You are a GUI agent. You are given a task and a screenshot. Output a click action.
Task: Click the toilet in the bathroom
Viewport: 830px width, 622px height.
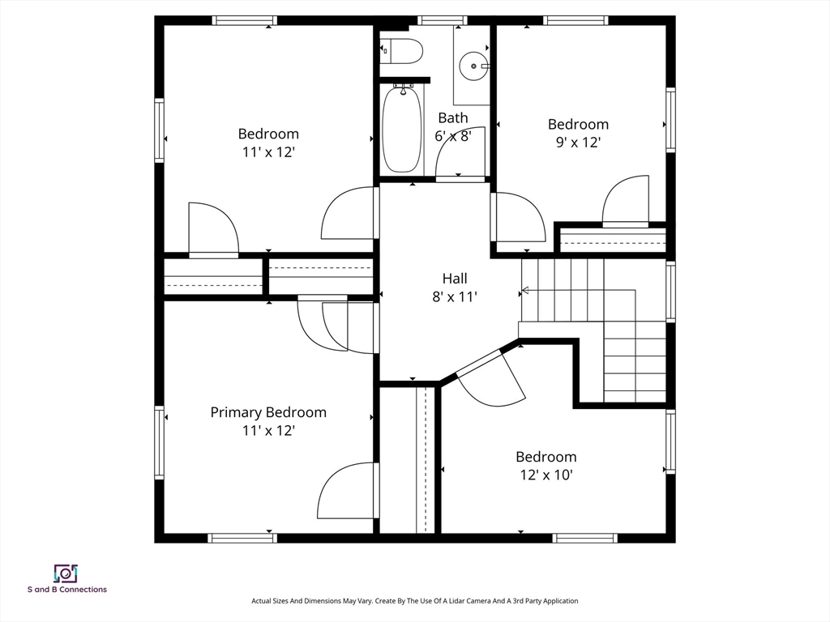point(402,51)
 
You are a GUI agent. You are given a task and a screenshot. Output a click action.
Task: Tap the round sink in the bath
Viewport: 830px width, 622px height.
point(473,66)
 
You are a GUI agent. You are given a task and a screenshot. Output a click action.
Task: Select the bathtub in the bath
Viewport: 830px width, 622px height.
point(402,129)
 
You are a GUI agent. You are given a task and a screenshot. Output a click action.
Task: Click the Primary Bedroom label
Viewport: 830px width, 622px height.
point(268,412)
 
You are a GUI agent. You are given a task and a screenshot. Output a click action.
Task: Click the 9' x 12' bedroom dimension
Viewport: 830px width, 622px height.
point(578,143)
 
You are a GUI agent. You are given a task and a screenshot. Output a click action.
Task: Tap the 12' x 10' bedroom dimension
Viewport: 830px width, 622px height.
point(546,475)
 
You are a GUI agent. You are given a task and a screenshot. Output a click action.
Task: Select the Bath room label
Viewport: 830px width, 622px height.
point(453,117)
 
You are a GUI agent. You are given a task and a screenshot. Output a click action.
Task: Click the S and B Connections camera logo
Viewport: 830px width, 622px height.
point(66,573)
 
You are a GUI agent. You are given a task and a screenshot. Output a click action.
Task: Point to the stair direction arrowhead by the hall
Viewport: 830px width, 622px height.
point(525,290)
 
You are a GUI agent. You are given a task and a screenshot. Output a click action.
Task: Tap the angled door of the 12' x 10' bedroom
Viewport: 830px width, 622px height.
point(490,378)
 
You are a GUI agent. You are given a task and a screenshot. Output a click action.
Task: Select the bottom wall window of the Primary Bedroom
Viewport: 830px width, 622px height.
point(242,539)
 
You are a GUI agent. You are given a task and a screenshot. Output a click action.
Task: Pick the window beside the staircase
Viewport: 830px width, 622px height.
point(670,292)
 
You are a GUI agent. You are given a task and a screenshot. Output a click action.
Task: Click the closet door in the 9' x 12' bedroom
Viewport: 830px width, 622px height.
point(626,202)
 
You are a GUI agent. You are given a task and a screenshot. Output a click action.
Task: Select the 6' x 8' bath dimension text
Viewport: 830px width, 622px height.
point(453,136)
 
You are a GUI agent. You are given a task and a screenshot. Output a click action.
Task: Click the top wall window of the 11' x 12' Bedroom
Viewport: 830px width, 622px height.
point(245,20)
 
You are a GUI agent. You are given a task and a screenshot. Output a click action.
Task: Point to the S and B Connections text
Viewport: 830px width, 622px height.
point(67,590)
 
